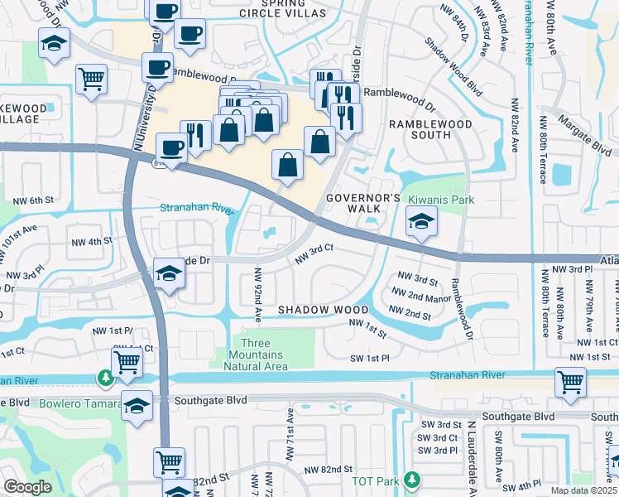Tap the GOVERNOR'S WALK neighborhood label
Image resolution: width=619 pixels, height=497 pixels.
[363, 205]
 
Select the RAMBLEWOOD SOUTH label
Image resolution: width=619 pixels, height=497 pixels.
[430, 130]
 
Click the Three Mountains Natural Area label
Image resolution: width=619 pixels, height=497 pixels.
[265, 355]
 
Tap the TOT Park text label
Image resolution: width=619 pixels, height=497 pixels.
[373, 480]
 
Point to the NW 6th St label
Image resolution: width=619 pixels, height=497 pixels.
[33, 200]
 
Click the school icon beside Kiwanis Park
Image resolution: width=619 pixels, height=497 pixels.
[421, 221]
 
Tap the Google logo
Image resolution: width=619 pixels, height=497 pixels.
[27, 487]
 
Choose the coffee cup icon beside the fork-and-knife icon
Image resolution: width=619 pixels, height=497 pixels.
[172, 147]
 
